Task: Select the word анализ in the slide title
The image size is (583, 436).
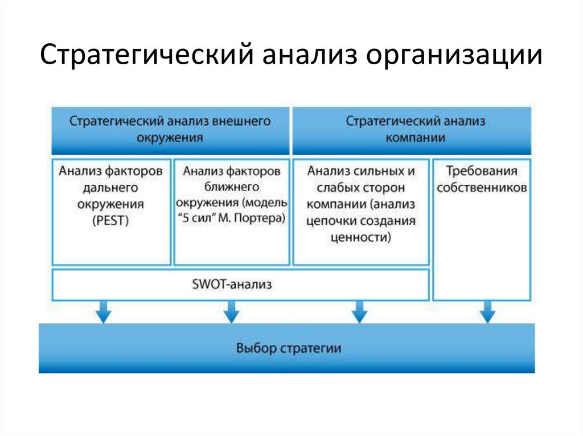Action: coord(310,57)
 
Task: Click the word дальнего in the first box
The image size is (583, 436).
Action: coord(110,187)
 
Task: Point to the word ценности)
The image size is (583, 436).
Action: coord(360,238)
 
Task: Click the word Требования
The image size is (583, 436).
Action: coord(481,171)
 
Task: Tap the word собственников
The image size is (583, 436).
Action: coord(482,188)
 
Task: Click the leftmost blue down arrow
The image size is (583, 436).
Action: coord(103,312)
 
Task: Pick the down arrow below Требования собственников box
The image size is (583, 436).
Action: coord(487,312)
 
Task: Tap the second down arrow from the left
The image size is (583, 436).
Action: coord(231,312)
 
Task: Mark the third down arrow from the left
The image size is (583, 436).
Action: coord(359,312)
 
